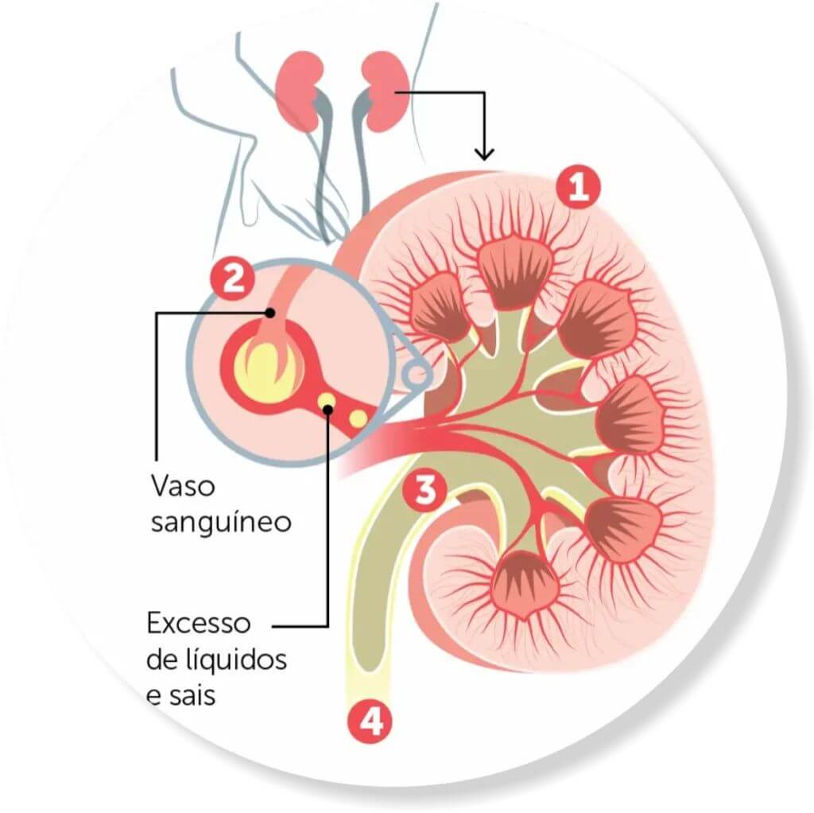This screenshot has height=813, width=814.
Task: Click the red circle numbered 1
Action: click(579, 188)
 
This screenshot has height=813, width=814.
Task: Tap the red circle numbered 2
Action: click(232, 281)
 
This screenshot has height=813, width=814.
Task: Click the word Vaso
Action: click(184, 486)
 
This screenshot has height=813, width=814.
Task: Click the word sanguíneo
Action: click(221, 523)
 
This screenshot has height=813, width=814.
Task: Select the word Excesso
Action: click(199, 623)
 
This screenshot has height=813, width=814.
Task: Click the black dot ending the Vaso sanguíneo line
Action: click(269, 313)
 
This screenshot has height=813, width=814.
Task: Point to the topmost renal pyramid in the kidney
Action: click(515, 271)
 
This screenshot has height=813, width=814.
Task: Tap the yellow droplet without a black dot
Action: click(358, 418)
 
